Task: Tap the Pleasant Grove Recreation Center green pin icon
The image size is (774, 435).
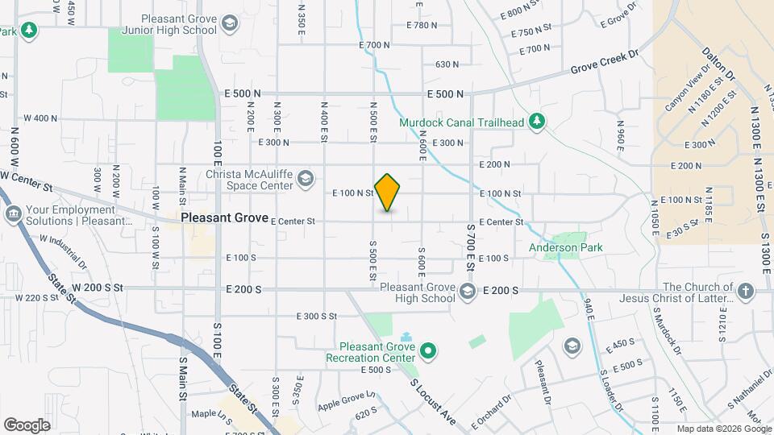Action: click(x=430, y=351)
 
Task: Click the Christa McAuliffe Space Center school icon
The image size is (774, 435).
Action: click(x=306, y=179)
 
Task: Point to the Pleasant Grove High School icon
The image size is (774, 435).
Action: click(x=468, y=292)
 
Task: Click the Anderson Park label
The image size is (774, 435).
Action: click(x=566, y=247)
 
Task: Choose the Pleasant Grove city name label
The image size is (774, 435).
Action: click(x=224, y=217)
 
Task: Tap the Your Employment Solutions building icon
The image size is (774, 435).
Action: click(x=14, y=214)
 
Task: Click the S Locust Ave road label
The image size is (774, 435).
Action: click(x=434, y=401)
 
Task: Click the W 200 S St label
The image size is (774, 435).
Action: click(x=97, y=287)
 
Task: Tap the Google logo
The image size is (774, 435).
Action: click(x=27, y=425)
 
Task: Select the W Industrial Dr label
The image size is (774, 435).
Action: click(x=56, y=250)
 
